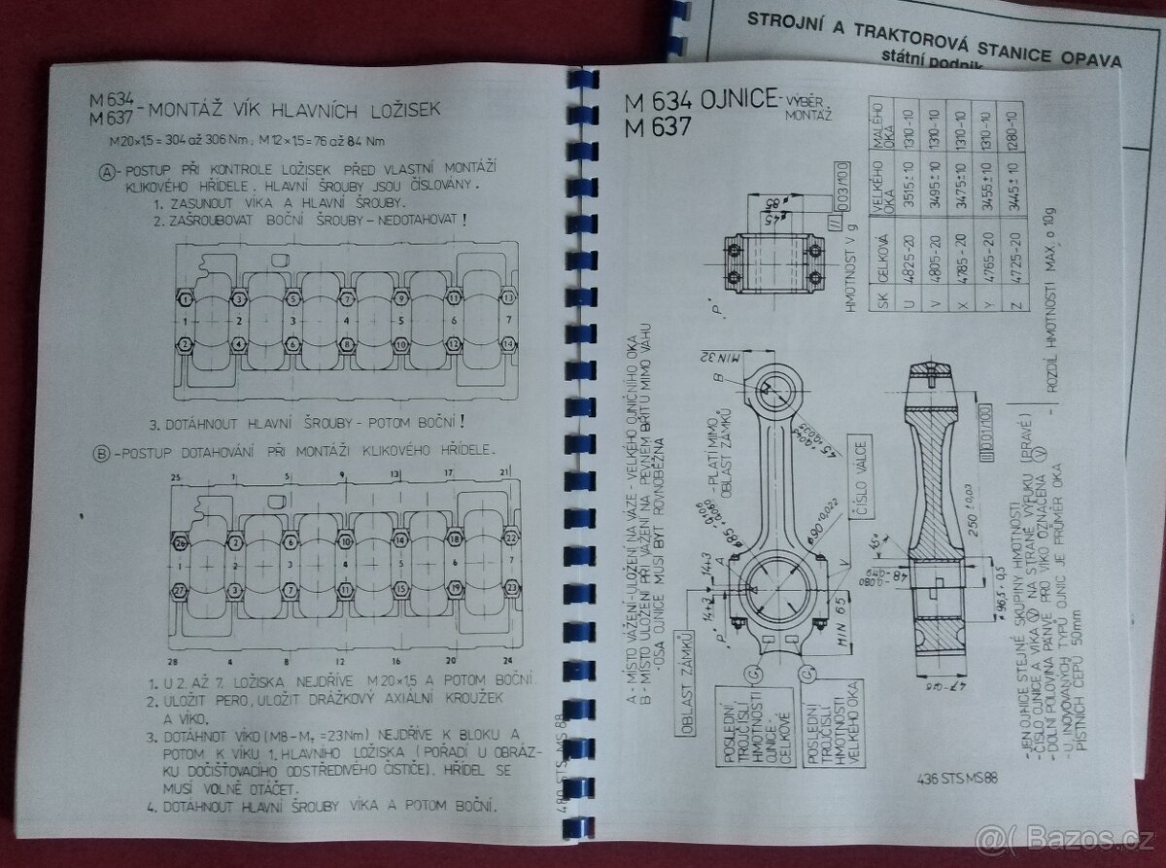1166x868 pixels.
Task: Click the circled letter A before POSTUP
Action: point(107,172)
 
